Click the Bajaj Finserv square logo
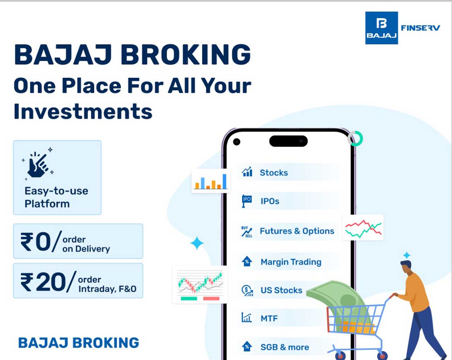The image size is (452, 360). pyautogui.click(x=381, y=28)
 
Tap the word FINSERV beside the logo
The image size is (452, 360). pyautogui.click(x=420, y=28)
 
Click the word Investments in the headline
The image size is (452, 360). pyautogui.click(x=83, y=111)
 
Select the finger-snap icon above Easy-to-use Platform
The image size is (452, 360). pyautogui.click(x=38, y=164)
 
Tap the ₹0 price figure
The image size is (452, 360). pyautogui.click(x=36, y=242)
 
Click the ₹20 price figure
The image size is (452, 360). pyautogui.click(x=43, y=282)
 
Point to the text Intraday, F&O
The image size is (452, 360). pyautogui.click(x=107, y=289)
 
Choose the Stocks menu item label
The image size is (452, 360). pyautogui.click(x=274, y=172)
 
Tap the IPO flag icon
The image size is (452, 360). pyautogui.click(x=247, y=201)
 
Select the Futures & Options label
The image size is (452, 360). pyautogui.click(x=297, y=231)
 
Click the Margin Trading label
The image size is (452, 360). pyautogui.click(x=291, y=262)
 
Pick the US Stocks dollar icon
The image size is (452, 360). pyautogui.click(x=247, y=290)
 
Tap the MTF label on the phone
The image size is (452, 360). pyautogui.click(x=269, y=318)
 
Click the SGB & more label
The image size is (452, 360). pyautogui.click(x=285, y=347)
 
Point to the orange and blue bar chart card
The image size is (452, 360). pyautogui.click(x=211, y=181)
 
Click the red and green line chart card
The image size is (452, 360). pyautogui.click(x=363, y=228)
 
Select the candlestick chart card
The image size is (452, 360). pyautogui.click(x=200, y=285)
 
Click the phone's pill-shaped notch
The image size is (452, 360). pyautogui.click(x=289, y=141)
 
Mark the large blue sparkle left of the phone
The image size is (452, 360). pyautogui.click(x=197, y=243)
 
